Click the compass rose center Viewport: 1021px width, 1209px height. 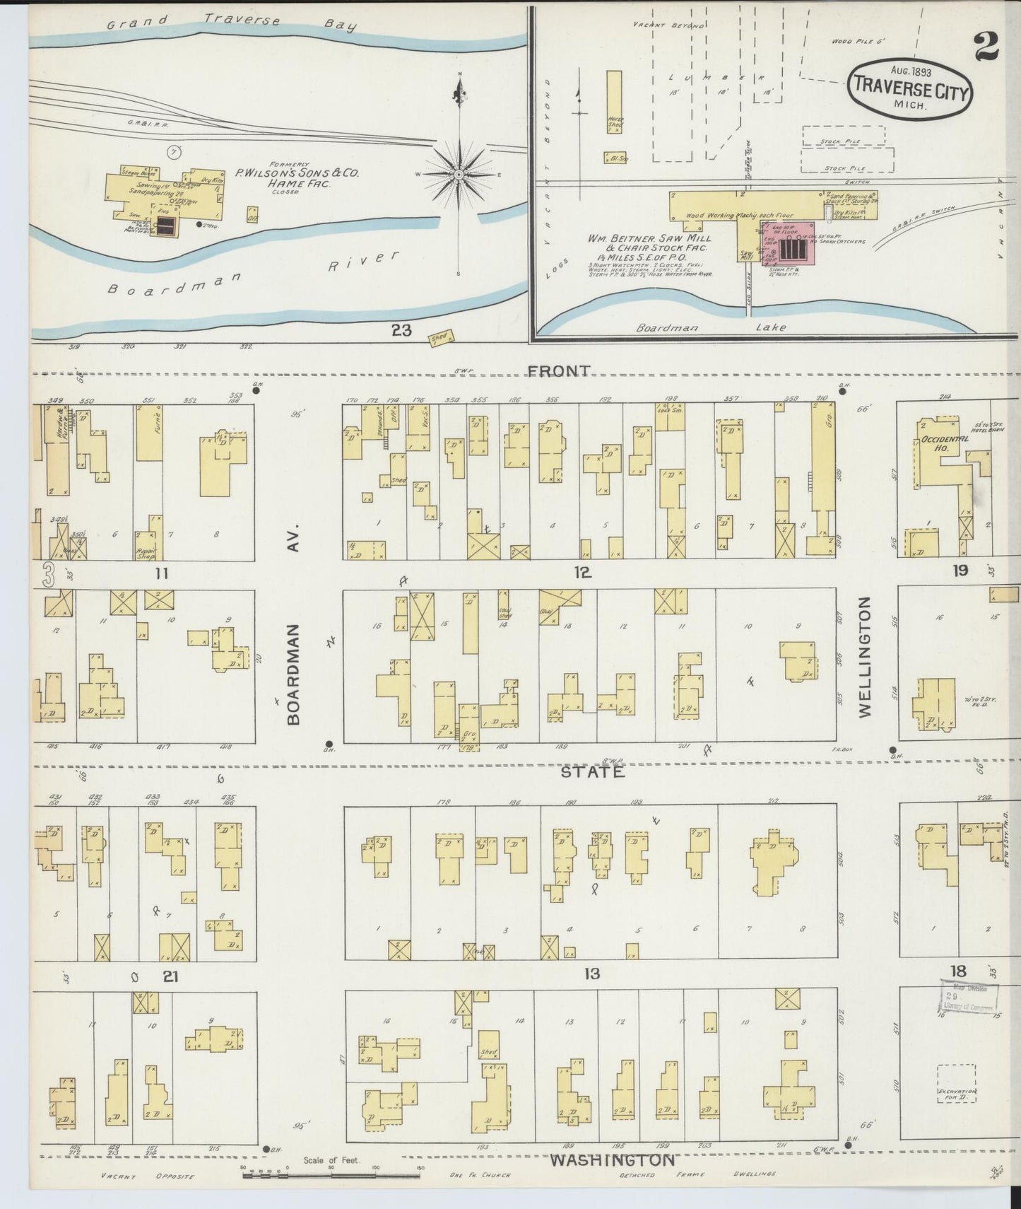coord(460,174)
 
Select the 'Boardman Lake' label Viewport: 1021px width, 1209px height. coord(710,327)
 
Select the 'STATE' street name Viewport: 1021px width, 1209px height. coord(593,772)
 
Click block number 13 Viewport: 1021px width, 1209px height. coord(592,974)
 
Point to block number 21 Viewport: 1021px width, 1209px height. coord(170,976)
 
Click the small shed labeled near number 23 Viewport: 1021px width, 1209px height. coord(441,339)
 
